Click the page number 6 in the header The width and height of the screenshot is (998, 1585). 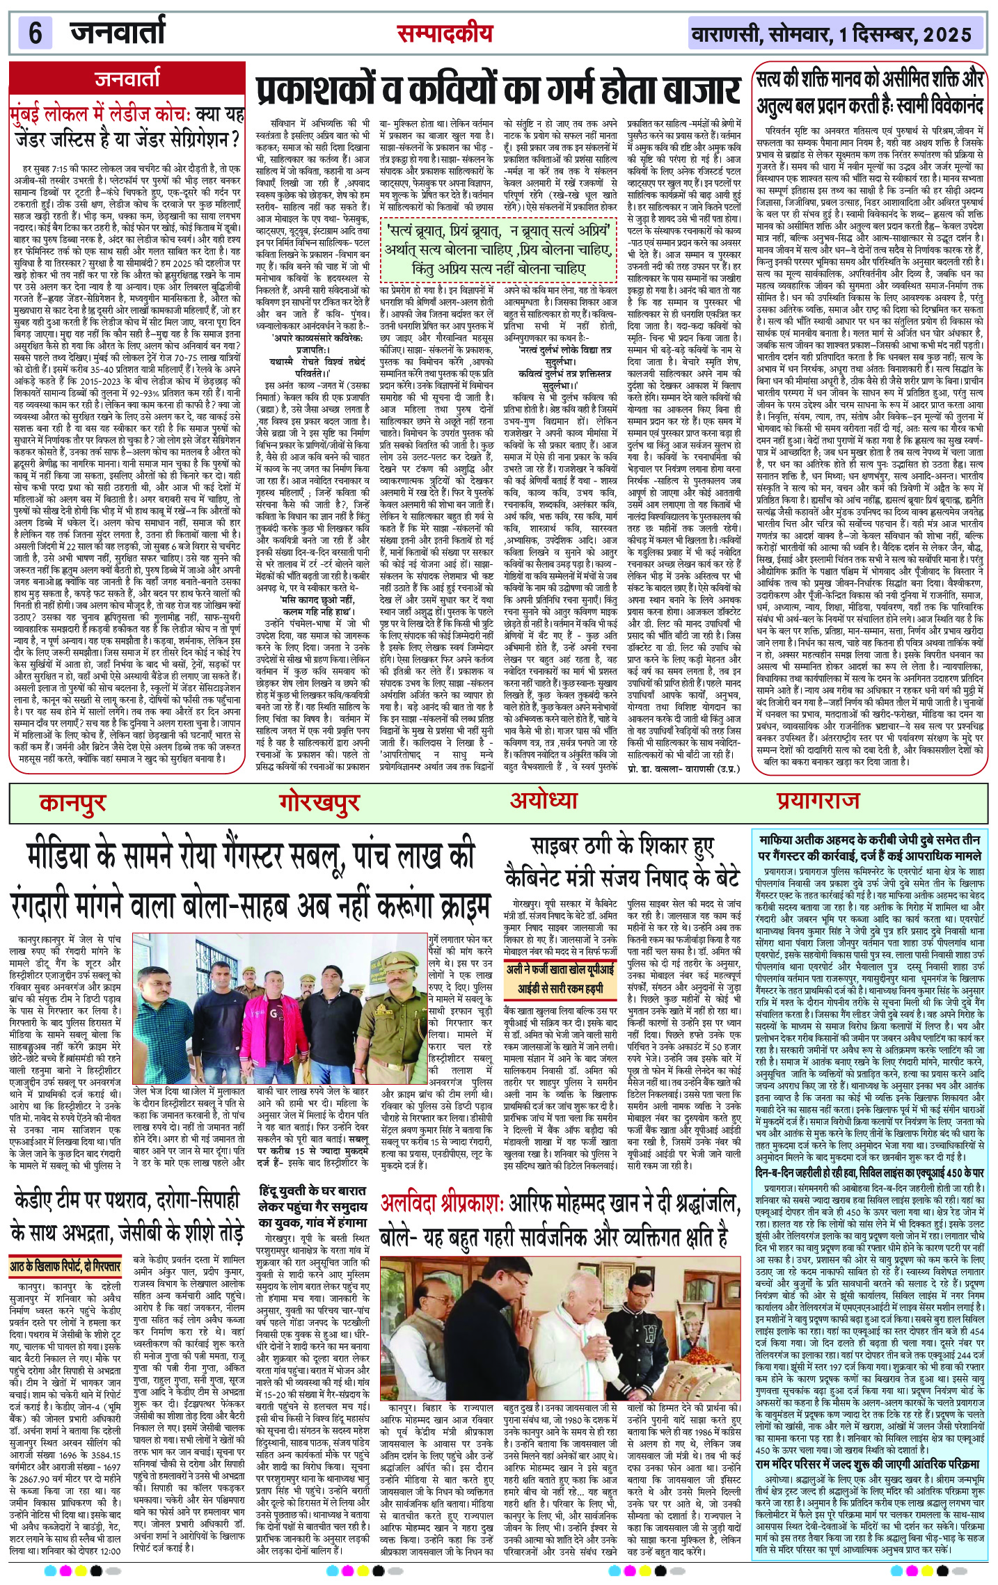tap(35, 33)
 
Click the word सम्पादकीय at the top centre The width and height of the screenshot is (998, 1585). tap(445, 33)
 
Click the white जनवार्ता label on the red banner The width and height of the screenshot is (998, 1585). tap(127, 79)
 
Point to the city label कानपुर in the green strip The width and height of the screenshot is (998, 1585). tap(72, 802)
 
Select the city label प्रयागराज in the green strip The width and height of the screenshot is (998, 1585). tap(818, 801)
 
